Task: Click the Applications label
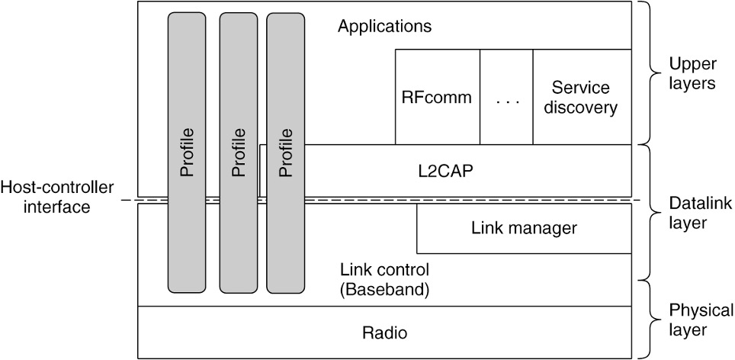384,27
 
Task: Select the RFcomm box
437,98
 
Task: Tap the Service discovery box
582,98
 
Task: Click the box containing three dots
506,98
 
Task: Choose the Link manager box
524,227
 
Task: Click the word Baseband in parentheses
384,290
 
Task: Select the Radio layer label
384,333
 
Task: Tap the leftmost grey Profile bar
187,153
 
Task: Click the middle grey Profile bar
238,153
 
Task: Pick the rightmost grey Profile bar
285,153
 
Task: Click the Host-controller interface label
57,195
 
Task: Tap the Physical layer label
701,320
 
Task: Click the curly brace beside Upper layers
648,73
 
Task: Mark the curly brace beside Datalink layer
648,211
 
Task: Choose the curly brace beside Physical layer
648,319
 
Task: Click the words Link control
384,270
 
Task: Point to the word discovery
582,108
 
